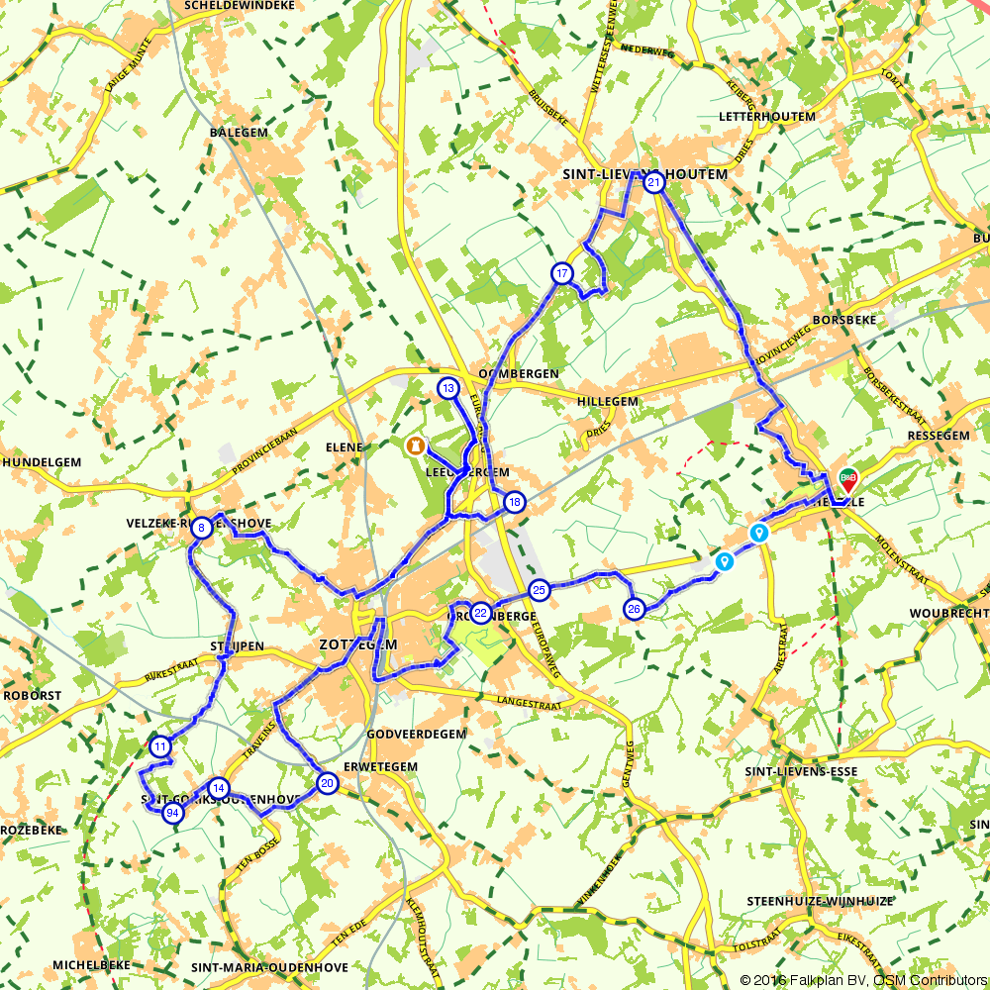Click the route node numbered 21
click(x=653, y=182)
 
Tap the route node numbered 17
click(x=561, y=273)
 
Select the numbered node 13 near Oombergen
click(x=447, y=388)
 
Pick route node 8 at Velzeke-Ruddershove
click(x=201, y=528)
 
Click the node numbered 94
click(x=172, y=814)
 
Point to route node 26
click(x=635, y=608)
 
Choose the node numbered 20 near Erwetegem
click(x=327, y=784)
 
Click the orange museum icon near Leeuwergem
click(x=414, y=445)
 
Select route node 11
click(x=159, y=746)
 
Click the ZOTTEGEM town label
click(x=357, y=644)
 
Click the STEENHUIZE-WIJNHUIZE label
click(x=822, y=901)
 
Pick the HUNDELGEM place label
click(x=41, y=462)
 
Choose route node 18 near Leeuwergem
click(x=513, y=502)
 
